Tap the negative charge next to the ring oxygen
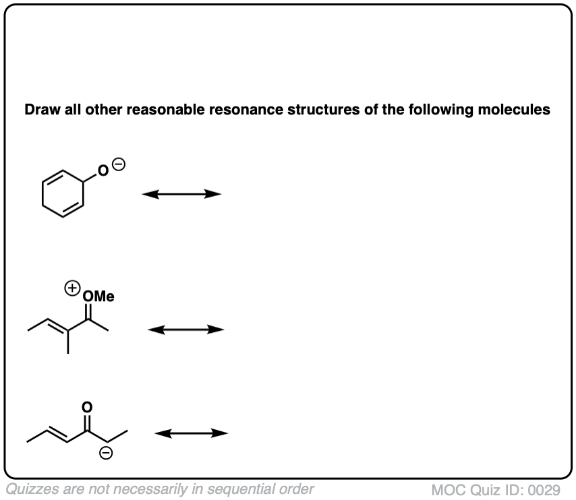(x=118, y=164)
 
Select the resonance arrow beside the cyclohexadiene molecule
(x=181, y=194)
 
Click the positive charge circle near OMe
(x=70, y=288)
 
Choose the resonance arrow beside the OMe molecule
(x=185, y=330)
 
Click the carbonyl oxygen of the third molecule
(x=86, y=407)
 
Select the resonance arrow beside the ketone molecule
(x=191, y=433)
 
